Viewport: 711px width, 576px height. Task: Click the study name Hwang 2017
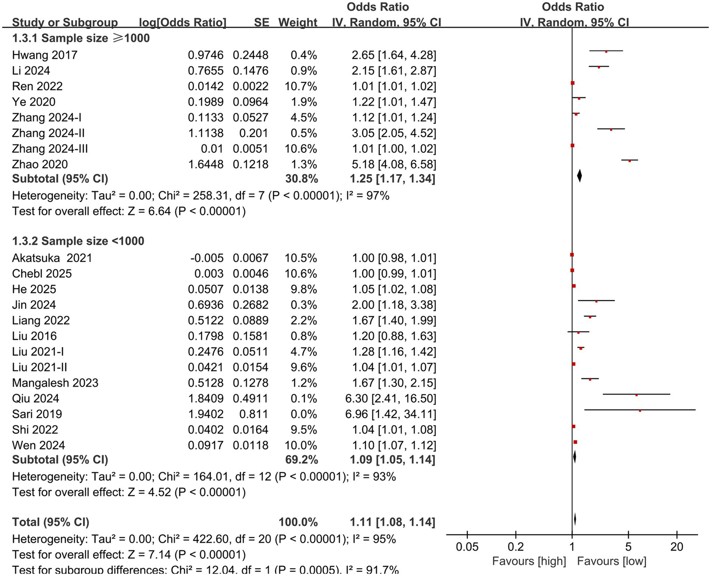click(x=44, y=55)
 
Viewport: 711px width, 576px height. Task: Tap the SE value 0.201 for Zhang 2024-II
click(x=254, y=133)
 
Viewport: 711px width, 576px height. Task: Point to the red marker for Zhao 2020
click(x=629, y=161)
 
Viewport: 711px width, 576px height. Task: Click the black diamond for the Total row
click(x=575, y=519)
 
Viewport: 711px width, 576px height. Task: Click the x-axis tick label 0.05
click(x=467, y=547)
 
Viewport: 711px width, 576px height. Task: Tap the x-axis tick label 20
click(x=676, y=547)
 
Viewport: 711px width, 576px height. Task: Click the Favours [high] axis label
click(x=529, y=561)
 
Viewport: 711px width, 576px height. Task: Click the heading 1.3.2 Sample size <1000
click(x=78, y=241)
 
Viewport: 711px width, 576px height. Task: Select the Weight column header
click(x=298, y=22)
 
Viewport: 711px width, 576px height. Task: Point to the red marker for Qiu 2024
click(x=636, y=395)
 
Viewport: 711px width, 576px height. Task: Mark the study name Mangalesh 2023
click(x=55, y=383)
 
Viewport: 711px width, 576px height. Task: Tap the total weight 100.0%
click(x=298, y=522)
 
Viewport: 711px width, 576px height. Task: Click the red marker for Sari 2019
click(x=640, y=410)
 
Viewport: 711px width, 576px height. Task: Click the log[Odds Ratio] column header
click(x=182, y=22)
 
